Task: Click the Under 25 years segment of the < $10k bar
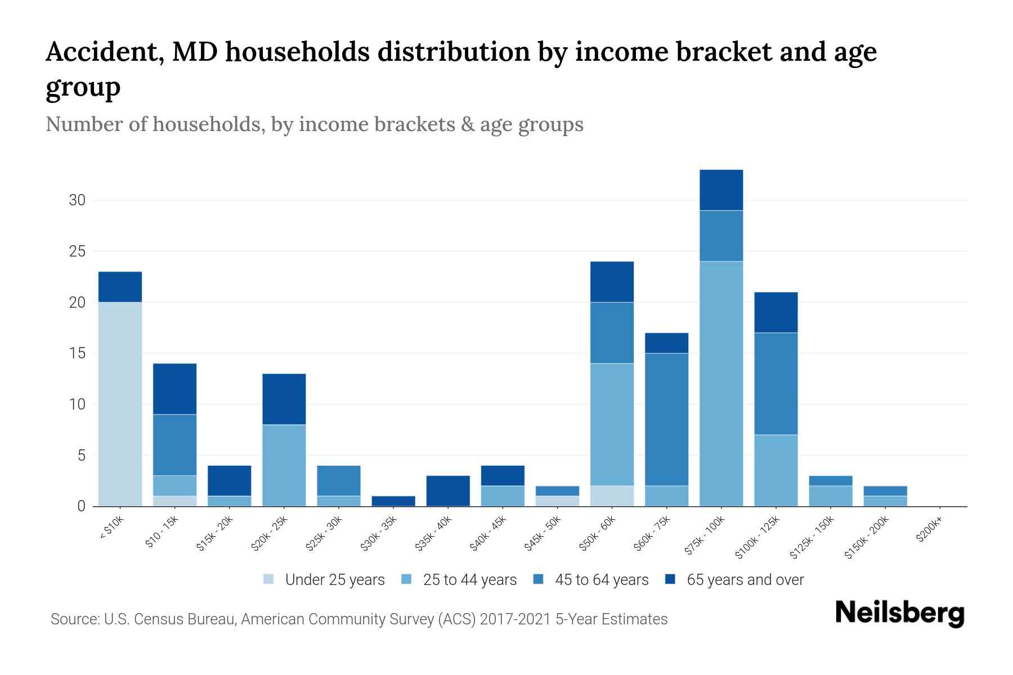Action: click(120, 404)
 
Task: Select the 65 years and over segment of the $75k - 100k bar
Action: click(721, 190)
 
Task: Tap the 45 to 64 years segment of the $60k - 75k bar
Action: click(666, 419)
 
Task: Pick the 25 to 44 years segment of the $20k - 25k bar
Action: click(284, 465)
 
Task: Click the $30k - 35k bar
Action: click(393, 501)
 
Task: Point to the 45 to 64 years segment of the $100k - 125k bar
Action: click(776, 384)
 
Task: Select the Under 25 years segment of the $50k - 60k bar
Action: click(612, 496)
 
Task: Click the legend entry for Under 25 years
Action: click(334, 580)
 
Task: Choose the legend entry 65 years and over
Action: click(745, 580)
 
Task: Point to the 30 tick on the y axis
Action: click(77, 200)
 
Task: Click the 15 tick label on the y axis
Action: click(77, 353)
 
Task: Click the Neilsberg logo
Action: click(900, 613)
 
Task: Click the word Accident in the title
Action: click(105, 52)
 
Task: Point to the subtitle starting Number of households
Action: click(314, 124)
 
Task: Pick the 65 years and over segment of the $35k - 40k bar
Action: click(448, 491)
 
